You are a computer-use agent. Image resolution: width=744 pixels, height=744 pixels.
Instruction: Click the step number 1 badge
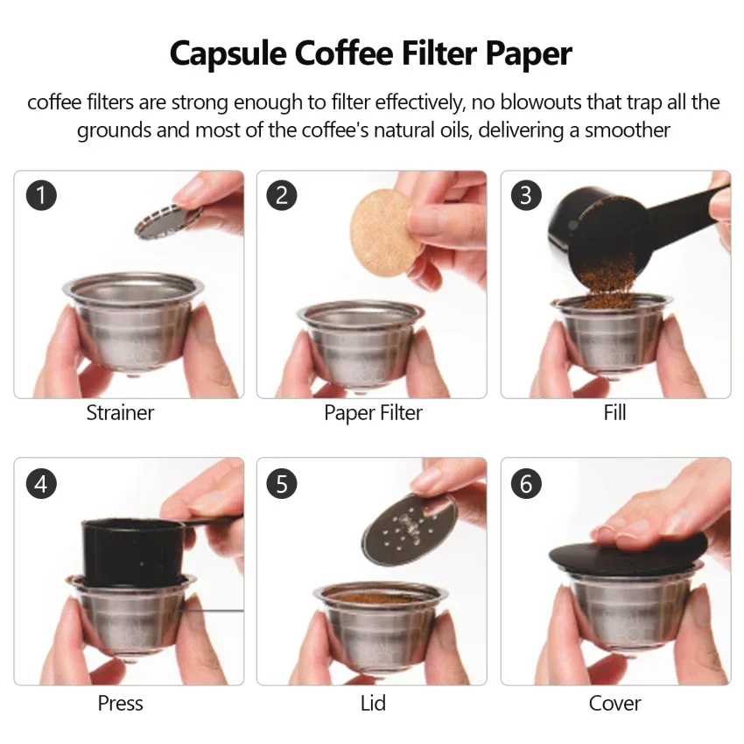tap(41, 195)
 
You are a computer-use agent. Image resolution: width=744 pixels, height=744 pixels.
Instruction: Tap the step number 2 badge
tap(282, 195)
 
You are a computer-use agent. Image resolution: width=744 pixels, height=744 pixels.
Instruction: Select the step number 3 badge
tap(526, 195)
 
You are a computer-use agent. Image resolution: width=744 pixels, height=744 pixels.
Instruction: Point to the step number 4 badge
tap(41, 483)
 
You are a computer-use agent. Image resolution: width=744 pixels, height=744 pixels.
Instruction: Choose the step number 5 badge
tap(282, 483)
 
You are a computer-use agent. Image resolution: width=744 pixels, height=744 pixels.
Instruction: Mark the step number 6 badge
tap(526, 483)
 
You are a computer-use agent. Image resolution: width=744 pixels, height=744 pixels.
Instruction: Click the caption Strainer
tap(120, 413)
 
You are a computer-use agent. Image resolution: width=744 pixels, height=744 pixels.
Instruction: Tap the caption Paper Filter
tap(373, 413)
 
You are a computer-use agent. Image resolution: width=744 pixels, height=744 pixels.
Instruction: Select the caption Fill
tap(615, 412)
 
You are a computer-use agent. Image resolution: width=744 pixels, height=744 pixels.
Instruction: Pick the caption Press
tap(120, 703)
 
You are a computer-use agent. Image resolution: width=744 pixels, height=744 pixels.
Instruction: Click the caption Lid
tap(373, 703)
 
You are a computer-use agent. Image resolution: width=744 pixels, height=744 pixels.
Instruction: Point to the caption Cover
tap(615, 703)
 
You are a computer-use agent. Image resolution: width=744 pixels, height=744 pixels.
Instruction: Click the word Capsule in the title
tap(228, 54)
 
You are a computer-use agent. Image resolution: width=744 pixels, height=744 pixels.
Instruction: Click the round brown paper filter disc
tap(383, 233)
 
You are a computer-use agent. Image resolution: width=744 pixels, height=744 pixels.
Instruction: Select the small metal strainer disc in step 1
tap(167, 221)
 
